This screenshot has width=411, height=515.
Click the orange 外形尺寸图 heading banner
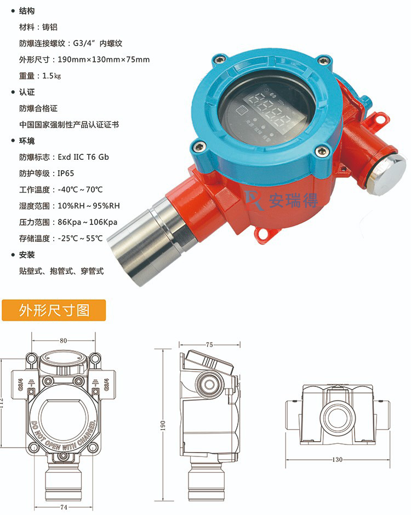tap(53, 311)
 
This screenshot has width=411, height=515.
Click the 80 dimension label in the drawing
tap(64, 340)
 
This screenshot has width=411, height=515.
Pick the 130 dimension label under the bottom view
tap(338, 459)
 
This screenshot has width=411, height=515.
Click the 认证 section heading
tap(27, 92)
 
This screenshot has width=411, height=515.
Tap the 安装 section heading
tap(27, 255)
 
